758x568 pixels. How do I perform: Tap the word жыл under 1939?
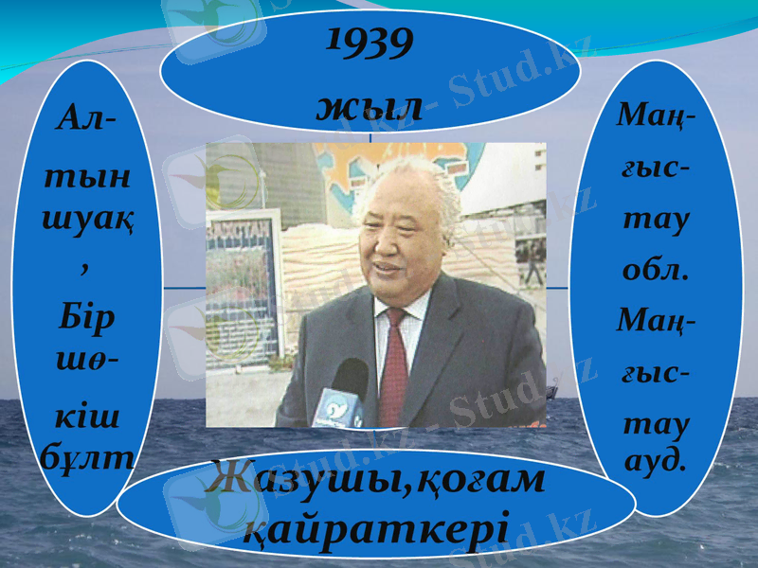point(370,107)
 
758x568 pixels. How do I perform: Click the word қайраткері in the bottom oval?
point(376,525)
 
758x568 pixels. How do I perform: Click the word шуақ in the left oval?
point(87,222)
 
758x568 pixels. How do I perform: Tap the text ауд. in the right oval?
point(656,461)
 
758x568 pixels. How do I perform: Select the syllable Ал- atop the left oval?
point(86,120)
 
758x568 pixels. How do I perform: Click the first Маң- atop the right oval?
point(655,118)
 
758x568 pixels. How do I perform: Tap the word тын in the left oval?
point(87,179)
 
